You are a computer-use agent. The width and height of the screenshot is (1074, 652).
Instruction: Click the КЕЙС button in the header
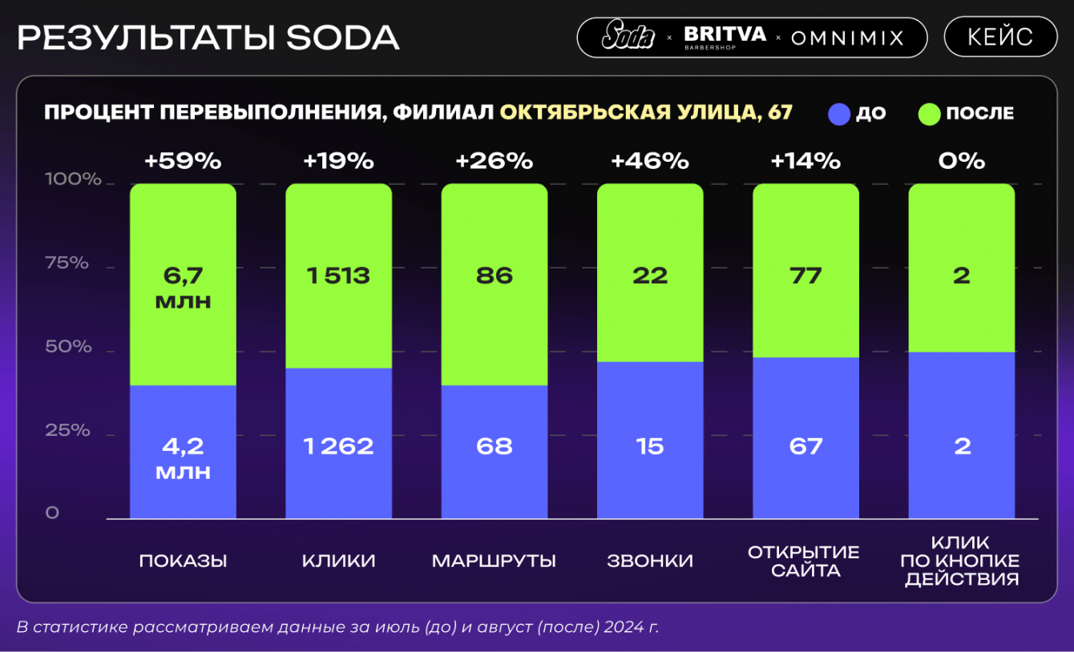pos(1000,37)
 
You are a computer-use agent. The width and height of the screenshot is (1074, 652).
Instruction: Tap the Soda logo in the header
pos(628,36)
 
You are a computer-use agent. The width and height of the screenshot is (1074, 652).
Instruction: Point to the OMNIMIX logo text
pos(847,38)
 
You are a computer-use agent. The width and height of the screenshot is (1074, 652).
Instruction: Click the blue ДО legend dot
pos(838,114)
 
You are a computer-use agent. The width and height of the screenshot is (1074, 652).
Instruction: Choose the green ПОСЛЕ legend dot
pos(929,114)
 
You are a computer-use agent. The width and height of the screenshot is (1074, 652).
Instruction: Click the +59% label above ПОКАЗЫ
pos(183,161)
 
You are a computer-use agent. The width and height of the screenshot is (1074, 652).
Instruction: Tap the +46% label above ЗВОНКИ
pos(650,161)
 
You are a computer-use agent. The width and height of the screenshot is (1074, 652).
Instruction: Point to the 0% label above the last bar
pos(962,161)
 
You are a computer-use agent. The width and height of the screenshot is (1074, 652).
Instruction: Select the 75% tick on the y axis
pos(67,263)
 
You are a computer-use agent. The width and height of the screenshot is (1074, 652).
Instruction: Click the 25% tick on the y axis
pos(67,431)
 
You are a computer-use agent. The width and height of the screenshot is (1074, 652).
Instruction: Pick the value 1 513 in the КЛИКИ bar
pos(338,276)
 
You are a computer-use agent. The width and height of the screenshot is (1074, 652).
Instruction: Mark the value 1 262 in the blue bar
pos(338,446)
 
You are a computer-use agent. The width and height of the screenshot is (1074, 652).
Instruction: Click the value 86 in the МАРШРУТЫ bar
pos(494,276)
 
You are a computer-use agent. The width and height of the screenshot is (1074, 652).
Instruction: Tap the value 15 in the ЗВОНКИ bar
pos(650,446)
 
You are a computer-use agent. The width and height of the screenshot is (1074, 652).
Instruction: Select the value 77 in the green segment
pos(805,276)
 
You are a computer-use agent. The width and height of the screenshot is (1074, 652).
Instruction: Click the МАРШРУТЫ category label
pos(494,561)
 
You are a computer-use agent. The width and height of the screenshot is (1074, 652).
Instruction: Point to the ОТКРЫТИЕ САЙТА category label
pos(804,561)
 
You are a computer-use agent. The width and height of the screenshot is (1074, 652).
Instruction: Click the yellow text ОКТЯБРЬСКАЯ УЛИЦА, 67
pos(646,112)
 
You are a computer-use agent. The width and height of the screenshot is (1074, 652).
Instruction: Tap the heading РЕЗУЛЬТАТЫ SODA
pos(208,38)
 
